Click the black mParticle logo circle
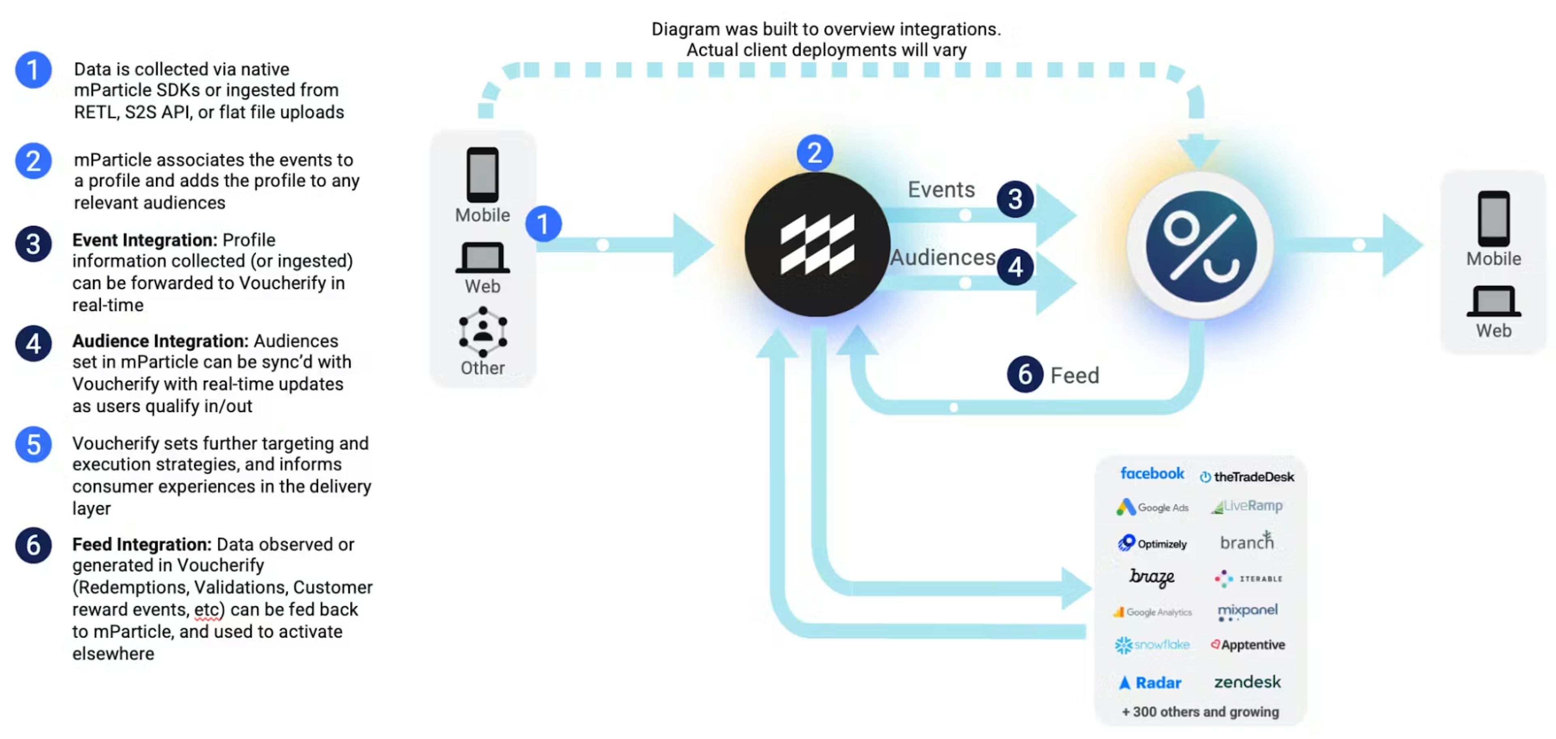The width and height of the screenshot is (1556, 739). pyautogui.click(x=816, y=245)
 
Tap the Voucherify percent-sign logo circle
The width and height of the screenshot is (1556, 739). pyautogui.click(x=1201, y=246)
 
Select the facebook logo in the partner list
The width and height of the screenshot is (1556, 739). pyautogui.click(x=1152, y=473)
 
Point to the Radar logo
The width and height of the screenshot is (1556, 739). pyautogui.click(x=1150, y=682)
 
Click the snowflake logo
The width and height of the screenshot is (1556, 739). pyautogui.click(x=1152, y=645)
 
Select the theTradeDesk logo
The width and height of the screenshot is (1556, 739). pyautogui.click(x=1247, y=476)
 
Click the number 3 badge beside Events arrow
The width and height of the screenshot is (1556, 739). pyautogui.click(x=1015, y=199)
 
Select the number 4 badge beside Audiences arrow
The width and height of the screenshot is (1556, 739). pyautogui.click(x=1015, y=267)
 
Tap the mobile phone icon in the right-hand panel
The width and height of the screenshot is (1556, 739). pyautogui.click(x=1493, y=218)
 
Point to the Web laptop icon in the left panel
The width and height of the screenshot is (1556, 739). pyautogui.click(x=483, y=258)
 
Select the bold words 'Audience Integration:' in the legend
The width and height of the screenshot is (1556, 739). pyautogui.click(x=160, y=341)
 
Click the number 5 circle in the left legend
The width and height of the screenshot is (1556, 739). pyautogui.click(x=33, y=444)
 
